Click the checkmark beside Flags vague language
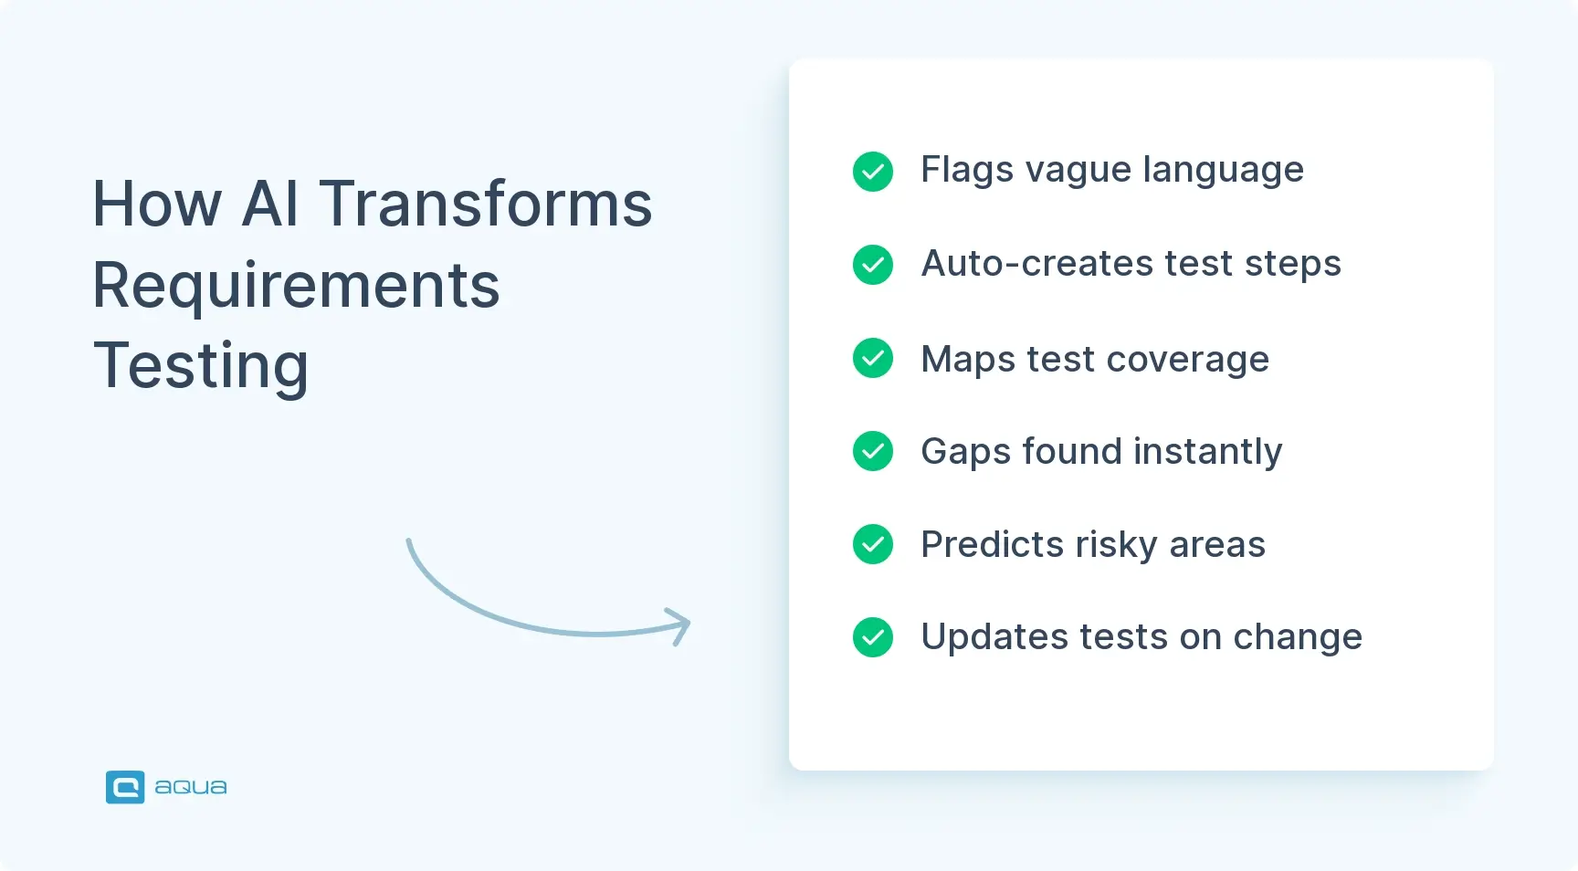tap(872, 171)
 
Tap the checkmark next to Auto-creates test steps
tap(872, 265)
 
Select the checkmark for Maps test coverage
tap(872, 358)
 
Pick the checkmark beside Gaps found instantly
tap(872, 451)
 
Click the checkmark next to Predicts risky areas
tap(872, 544)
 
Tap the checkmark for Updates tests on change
tap(872, 637)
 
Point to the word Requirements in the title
tap(296, 286)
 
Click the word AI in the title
tap(270, 204)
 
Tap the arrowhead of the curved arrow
tap(680, 625)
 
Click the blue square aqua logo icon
tap(125, 787)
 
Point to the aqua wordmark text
tap(190, 787)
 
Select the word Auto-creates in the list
tap(1037, 264)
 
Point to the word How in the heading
tap(157, 204)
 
